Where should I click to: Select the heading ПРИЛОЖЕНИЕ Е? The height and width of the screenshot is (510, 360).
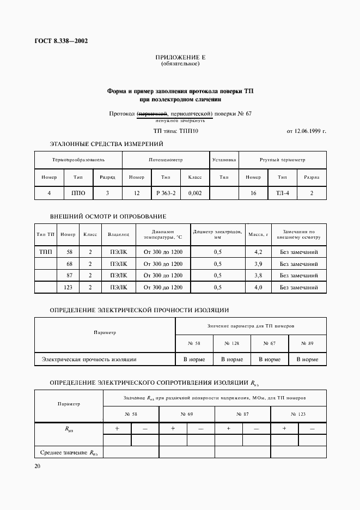pyautogui.click(x=180, y=57)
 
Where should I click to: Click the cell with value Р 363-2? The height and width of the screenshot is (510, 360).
pyautogui.click(x=166, y=193)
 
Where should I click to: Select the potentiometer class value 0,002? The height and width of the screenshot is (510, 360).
pyautogui.click(x=195, y=193)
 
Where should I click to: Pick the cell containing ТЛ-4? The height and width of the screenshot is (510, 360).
pyautogui.click(x=283, y=193)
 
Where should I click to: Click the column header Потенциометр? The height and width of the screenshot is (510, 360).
pyautogui.click(x=166, y=160)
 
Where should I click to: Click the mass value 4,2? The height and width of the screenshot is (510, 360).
pyautogui.click(x=258, y=252)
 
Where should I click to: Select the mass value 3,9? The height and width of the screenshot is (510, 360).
pyautogui.click(x=258, y=264)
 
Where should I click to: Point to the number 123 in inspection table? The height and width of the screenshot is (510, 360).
pyautogui.click(x=68, y=287)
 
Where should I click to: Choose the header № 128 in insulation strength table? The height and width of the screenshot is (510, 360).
pyautogui.click(x=231, y=343)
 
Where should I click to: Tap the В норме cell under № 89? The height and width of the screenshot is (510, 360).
pyautogui.click(x=307, y=360)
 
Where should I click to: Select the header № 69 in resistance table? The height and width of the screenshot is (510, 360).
pyautogui.click(x=187, y=414)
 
